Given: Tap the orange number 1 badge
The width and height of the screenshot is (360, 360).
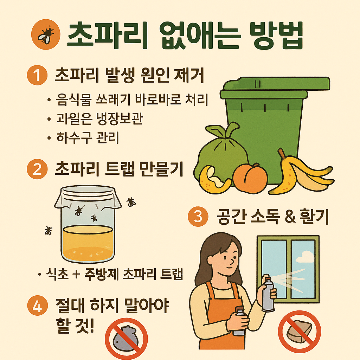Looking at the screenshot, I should [37, 76].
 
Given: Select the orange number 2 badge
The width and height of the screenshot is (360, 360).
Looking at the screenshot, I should [37, 169].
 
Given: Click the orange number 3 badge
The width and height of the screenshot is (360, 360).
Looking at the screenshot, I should [198, 217].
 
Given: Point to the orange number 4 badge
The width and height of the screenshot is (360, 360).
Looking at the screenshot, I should [37, 307].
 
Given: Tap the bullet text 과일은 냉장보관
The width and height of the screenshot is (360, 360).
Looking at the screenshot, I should [99, 119].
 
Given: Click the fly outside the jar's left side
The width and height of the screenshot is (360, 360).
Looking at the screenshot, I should [48, 231].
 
